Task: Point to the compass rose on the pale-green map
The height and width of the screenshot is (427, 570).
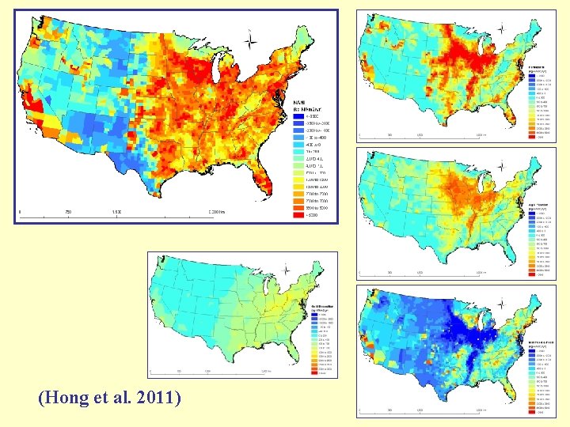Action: click(286, 271)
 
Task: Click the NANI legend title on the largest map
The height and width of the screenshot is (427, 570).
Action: click(302, 103)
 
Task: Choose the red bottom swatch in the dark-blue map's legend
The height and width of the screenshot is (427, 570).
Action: click(532, 412)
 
